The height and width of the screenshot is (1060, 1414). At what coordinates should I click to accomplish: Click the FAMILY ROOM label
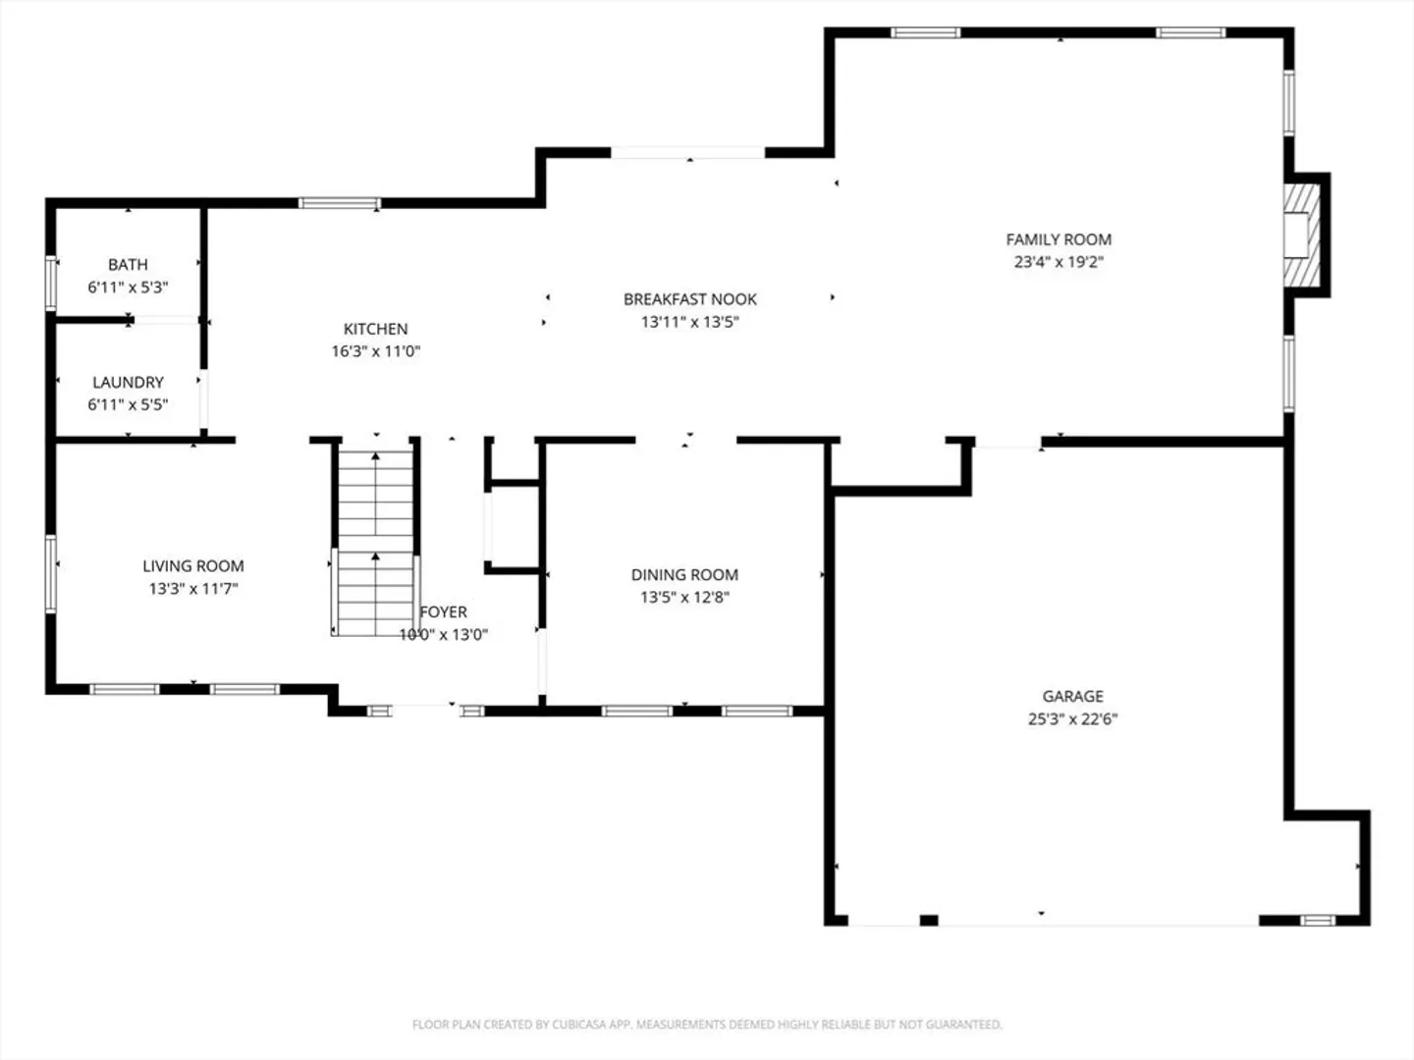(x=1059, y=239)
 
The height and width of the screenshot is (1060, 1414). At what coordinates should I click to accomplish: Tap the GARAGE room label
(x=1072, y=696)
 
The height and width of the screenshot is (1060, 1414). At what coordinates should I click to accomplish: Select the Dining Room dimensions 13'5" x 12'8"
(x=684, y=598)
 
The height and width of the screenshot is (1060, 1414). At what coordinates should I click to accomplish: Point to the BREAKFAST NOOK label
(x=690, y=299)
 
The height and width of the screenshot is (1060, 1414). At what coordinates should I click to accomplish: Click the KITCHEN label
(x=375, y=329)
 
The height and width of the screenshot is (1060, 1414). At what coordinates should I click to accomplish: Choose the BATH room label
(x=128, y=265)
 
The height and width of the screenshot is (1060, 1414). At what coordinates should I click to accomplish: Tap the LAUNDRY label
(x=128, y=383)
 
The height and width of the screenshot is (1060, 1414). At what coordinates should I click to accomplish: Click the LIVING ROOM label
(x=193, y=566)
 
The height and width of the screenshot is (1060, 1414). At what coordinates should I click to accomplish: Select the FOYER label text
(x=443, y=612)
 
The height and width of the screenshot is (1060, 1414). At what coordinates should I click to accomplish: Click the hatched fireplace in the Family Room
(x=1301, y=235)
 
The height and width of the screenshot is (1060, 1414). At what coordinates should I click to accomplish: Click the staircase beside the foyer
(x=375, y=543)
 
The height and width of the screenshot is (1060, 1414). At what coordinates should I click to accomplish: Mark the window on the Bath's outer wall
(x=50, y=284)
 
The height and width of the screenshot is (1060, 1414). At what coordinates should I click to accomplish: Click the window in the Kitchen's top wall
(x=340, y=203)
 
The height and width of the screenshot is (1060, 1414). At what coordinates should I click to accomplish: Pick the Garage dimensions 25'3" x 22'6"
(x=1072, y=718)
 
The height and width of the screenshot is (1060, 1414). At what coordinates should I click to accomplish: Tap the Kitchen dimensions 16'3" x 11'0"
(x=375, y=351)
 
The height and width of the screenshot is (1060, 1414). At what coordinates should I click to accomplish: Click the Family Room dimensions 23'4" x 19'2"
(x=1059, y=262)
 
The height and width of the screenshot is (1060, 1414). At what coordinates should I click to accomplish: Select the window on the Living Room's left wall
(x=50, y=573)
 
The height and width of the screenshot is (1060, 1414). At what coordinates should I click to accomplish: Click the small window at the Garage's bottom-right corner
(x=1318, y=921)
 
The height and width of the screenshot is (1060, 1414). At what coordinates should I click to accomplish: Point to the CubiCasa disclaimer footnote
(x=707, y=1024)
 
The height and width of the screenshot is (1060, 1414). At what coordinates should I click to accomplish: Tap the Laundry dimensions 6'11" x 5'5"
(x=128, y=404)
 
